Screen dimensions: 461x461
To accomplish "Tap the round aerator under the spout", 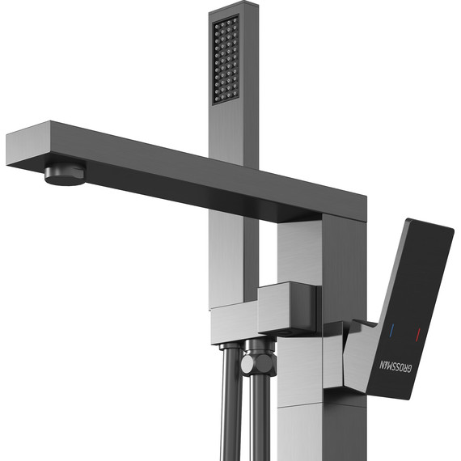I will tap(65, 172).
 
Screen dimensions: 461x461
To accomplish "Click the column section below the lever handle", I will tap(303, 429).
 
